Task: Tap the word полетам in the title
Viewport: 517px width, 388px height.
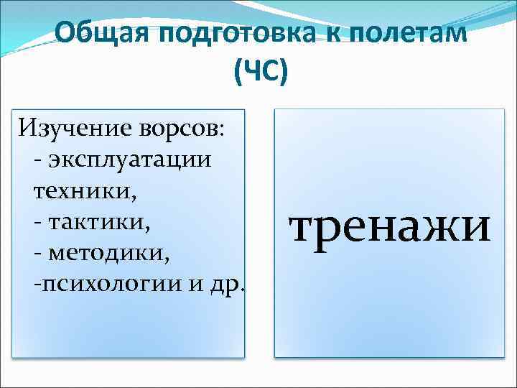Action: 409,34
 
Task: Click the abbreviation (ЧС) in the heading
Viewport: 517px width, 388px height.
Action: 259,72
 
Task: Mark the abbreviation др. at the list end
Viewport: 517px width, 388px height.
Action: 228,284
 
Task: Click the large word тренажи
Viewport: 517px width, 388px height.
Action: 390,228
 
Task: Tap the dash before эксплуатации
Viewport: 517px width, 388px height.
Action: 37,160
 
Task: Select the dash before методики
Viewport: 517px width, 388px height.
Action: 37,252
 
